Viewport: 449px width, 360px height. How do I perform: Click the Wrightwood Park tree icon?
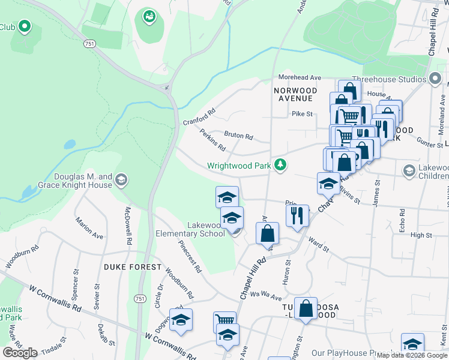pyautogui.click(x=280, y=164)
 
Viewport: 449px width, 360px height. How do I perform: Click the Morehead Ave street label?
pyautogui.click(x=300, y=77)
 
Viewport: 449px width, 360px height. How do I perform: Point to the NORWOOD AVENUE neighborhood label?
pyautogui.click(x=294, y=94)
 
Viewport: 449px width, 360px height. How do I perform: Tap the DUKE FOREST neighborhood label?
pyautogui.click(x=132, y=266)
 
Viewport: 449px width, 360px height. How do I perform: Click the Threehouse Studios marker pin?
pyautogui.click(x=436, y=79)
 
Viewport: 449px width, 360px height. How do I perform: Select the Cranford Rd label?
pyautogui.click(x=199, y=117)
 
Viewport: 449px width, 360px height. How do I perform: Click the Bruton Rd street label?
pyautogui.click(x=238, y=136)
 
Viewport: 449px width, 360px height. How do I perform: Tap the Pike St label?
pyautogui.click(x=303, y=113)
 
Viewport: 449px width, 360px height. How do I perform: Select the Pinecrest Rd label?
pyautogui.click(x=190, y=257)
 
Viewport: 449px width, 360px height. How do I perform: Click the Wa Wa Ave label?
pyautogui.click(x=266, y=296)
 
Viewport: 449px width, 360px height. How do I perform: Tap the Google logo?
pyautogui.click(x=20, y=352)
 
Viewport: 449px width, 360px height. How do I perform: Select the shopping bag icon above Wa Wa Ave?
pyautogui.click(x=268, y=233)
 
